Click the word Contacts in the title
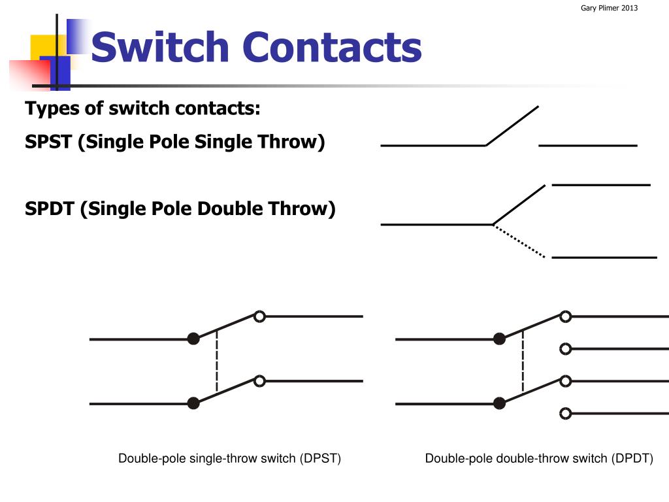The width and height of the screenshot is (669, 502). [332, 48]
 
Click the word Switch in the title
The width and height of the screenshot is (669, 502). [160, 48]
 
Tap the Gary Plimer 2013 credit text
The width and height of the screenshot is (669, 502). [609, 8]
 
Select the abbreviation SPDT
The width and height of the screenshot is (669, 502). [50, 209]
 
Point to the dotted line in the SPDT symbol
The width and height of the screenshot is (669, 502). [519, 241]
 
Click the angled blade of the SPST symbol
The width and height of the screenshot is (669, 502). [512, 125]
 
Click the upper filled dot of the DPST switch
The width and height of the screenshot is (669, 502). [193, 339]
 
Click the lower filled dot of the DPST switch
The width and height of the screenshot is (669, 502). [193, 403]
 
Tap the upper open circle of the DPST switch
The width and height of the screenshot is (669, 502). [259, 316]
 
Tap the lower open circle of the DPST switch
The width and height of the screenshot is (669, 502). [259, 380]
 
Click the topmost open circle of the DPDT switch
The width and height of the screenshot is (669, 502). [566, 316]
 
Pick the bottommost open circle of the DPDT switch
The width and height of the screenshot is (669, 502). [566, 413]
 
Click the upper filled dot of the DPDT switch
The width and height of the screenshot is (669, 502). [500, 339]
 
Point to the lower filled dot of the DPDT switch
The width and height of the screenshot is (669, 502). [500, 403]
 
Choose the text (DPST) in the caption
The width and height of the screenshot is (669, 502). [321, 458]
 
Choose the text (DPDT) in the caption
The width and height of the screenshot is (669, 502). [632, 458]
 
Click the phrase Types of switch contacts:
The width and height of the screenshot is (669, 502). [142, 108]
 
